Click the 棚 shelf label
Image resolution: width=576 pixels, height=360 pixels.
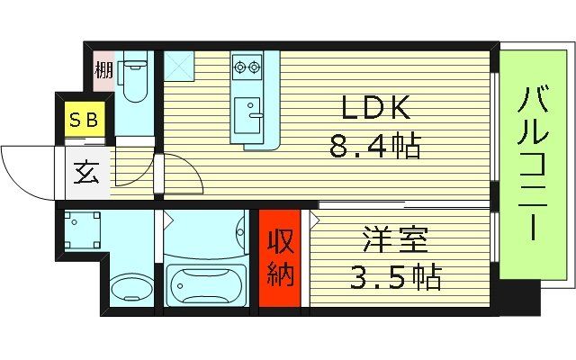coord(104,70)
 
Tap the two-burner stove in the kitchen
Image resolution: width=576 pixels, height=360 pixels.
coord(246,65)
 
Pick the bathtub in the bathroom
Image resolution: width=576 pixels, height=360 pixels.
coord(206,285)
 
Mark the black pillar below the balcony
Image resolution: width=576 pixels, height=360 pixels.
coord(519,296)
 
